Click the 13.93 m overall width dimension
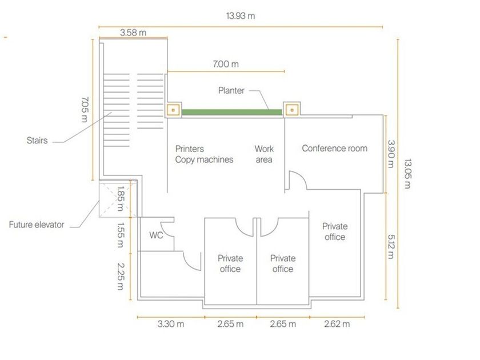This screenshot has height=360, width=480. (240, 16)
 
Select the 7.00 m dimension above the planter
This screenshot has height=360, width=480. (225, 64)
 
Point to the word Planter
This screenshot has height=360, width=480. (231, 90)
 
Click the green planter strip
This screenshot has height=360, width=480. (232, 112)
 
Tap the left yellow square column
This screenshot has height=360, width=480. (173, 109)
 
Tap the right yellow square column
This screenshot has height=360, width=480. (291, 109)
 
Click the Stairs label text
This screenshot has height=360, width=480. (36, 140)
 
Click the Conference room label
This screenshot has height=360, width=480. (334, 149)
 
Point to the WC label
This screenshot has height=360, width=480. (157, 235)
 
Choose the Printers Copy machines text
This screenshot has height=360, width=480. (204, 154)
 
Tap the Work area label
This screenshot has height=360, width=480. (264, 154)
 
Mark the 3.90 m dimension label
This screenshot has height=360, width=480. (391, 154)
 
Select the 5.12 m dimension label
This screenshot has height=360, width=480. (391, 246)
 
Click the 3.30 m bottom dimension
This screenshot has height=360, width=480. (170, 325)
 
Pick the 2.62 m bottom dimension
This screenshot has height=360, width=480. (337, 325)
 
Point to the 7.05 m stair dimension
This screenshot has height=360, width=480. (84, 109)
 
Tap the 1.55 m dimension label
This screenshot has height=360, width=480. (121, 235)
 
